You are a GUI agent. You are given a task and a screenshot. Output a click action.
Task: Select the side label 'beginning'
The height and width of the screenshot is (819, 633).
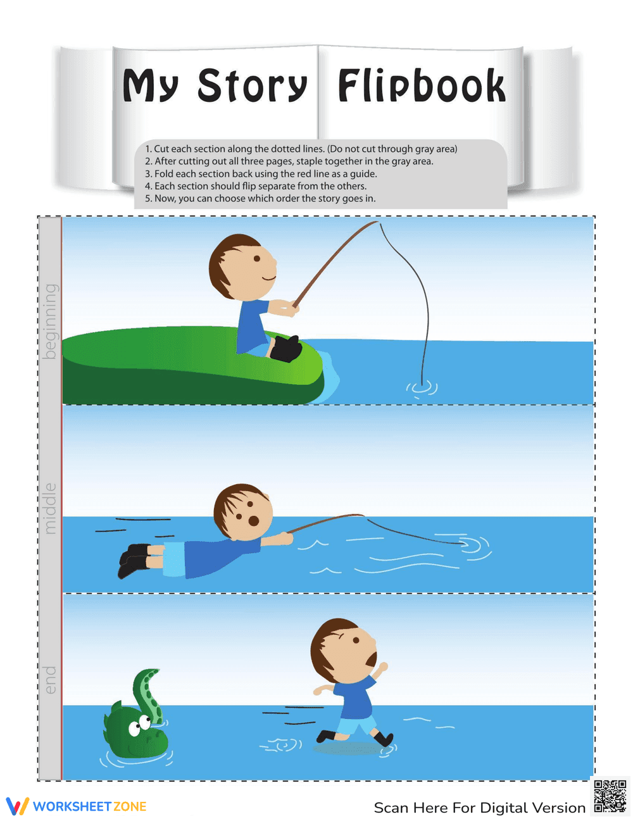coord(50,321)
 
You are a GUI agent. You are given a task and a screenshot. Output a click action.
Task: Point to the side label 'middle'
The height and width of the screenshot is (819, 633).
coord(50,508)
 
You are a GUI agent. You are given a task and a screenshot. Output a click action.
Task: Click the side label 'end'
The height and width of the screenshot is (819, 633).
coord(50,679)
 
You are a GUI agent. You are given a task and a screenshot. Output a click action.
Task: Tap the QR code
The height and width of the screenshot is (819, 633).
coord(610,796)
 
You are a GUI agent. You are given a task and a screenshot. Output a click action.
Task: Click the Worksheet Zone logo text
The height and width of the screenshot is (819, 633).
coord(89,806)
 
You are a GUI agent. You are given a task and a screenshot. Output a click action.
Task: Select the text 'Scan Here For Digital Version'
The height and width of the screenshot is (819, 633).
coord(479,808)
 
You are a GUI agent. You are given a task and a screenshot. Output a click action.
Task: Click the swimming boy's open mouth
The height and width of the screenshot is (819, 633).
coord(253,521)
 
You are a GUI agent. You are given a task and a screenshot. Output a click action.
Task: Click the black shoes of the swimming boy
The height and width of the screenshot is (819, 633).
coord(134,560)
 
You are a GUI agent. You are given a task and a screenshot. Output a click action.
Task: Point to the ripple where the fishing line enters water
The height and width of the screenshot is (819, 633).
coord(422,385)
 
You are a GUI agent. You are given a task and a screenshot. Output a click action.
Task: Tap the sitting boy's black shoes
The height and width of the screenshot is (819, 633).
coord(286,348)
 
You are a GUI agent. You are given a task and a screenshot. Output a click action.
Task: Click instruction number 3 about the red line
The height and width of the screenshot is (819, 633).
coord(261,173)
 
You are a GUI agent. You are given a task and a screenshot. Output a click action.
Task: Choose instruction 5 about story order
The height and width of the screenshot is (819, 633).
coord(260,198)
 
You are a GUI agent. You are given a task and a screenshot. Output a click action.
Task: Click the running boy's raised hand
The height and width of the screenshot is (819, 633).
coord(382,667)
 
